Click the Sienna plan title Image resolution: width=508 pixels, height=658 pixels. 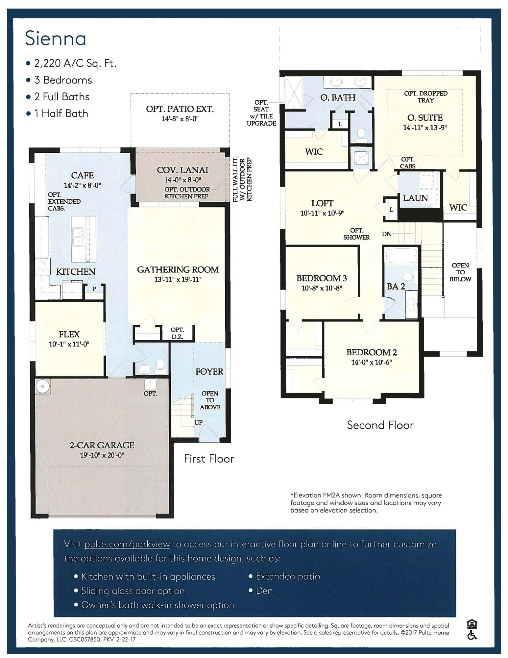[x=56, y=38]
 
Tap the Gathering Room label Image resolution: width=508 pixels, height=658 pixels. [x=178, y=270]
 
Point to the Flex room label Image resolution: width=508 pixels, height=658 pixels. [x=69, y=335]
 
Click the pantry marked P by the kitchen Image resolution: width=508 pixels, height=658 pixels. [x=94, y=289]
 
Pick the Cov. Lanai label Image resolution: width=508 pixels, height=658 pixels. [x=182, y=170]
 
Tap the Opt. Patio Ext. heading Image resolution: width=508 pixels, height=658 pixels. [x=180, y=109]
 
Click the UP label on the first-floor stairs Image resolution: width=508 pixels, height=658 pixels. [x=198, y=422]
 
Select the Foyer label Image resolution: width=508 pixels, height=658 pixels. [x=209, y=372]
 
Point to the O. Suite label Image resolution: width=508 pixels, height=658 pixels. [x=425, y=118]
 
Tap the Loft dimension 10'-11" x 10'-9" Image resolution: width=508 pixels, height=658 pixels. [x=322, y=213]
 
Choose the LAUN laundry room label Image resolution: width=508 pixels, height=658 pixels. [x=415, y=198]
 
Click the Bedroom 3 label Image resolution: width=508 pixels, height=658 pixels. [x=322, y=278]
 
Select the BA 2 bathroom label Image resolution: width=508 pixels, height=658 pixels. [x=396, y=287]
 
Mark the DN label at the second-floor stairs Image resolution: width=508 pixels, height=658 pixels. [x=387, y=234]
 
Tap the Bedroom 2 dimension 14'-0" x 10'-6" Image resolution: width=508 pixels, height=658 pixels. [x=372, y=363]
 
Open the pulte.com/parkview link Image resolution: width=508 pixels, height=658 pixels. [x=127, y=544]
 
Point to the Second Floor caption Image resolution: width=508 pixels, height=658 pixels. [x=380, y=425]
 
